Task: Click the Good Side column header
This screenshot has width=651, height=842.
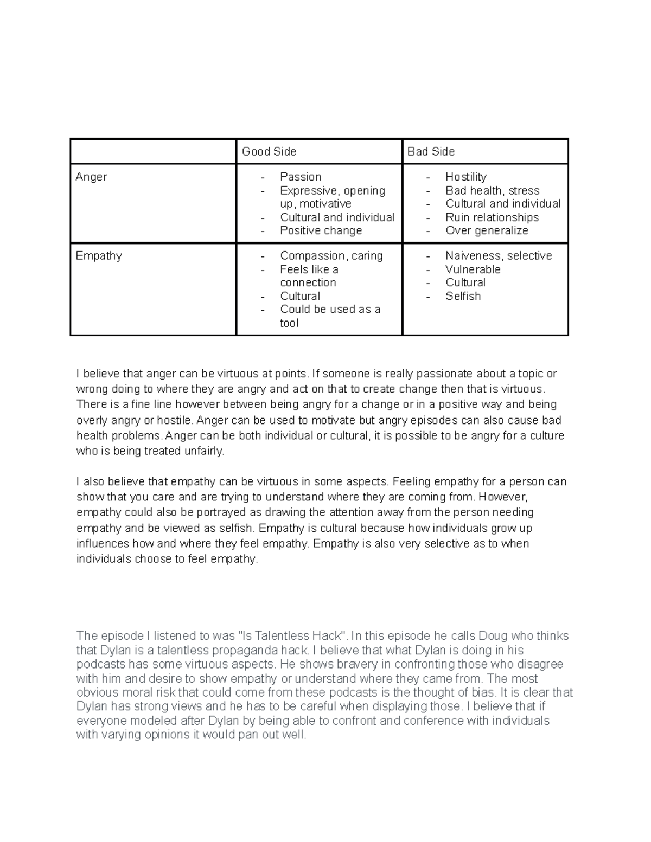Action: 269,152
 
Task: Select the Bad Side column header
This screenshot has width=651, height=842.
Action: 431,152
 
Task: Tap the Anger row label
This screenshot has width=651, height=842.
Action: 91,177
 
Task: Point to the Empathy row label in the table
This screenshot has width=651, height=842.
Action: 99,256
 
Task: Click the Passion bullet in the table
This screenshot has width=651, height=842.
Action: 301,177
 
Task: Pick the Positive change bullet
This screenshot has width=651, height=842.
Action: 321,230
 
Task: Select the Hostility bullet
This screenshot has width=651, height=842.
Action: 465,177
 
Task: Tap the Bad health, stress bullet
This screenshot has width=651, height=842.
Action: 492,190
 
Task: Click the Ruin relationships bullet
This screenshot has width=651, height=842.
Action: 492,217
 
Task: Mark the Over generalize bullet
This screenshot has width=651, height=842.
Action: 486,230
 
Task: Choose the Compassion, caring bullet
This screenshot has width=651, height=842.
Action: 331,256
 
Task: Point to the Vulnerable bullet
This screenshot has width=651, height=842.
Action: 473,269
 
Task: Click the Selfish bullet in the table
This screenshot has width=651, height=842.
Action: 463,296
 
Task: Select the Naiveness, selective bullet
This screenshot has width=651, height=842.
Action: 498,256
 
